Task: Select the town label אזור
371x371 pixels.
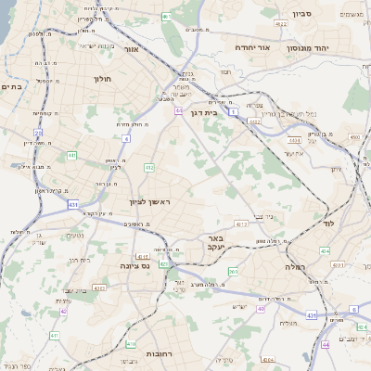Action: [130, 48]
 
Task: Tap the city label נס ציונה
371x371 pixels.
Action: [134, 265]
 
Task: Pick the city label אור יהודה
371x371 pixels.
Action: [250, 46]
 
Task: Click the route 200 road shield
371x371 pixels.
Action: [233, 272]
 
